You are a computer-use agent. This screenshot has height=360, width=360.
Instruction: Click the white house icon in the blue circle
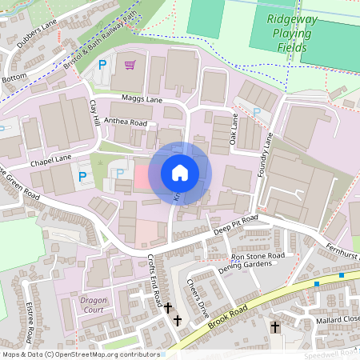point(180,173)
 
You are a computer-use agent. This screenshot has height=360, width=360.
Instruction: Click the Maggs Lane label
point(142,99)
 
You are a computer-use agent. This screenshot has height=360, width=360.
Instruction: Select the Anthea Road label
point(126,123)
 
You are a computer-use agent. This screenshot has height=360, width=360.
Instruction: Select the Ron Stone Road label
point(258,256)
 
